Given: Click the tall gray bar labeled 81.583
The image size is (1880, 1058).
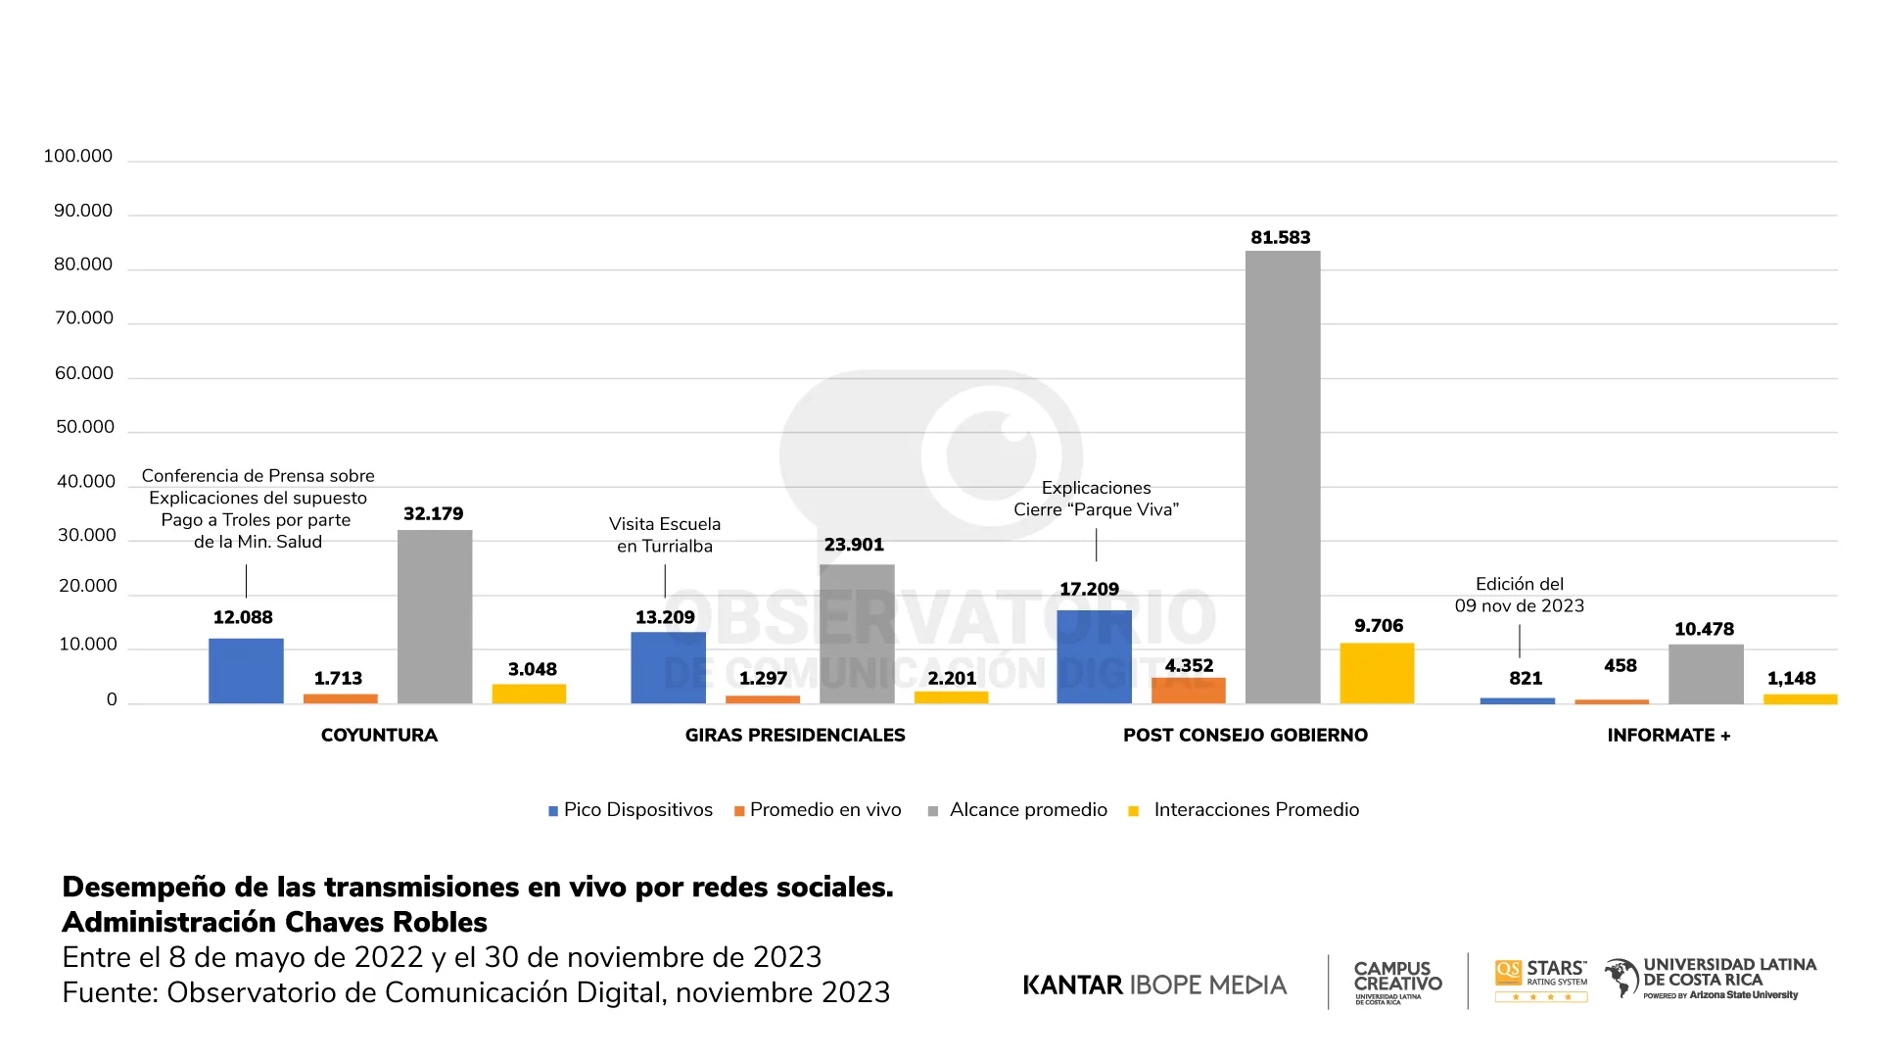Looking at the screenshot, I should (x=1283, y=477).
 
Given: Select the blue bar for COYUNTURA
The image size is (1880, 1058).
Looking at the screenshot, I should (x=246, y=671).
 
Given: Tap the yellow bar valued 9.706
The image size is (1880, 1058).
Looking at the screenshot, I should (x=1377, y=673).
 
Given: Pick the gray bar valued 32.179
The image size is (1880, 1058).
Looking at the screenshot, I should (x=435, y=617).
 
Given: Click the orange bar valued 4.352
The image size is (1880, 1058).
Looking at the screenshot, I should (x=1188, y=690).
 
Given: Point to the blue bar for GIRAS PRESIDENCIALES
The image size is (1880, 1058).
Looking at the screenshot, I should (x=668, y=668).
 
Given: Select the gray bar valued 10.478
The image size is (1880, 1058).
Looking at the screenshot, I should (x=1706, y=674).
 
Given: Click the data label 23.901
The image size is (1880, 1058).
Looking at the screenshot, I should (x=854, y=545).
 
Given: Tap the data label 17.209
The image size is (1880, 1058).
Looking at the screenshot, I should (x=1089, y=589).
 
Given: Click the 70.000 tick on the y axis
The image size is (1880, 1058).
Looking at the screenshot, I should (x=84, y=318).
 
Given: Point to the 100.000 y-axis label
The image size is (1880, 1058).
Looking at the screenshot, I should (x=78, y=157).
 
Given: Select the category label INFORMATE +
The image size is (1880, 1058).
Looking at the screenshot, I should (x=1668, y=736).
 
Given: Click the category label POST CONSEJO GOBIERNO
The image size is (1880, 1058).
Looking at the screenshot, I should (x=1245, y=736).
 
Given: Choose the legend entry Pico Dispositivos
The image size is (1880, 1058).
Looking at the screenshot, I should (x=631, y=810).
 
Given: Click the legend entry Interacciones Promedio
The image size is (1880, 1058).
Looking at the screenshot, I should (x=1245, y=810).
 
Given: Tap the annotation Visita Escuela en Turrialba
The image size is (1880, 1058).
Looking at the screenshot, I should (x=665, y=535).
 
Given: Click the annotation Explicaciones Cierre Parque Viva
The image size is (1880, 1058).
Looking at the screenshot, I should (x=1096, y=499).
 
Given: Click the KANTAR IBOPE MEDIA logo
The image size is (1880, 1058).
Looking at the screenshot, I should (x=1154, y=985).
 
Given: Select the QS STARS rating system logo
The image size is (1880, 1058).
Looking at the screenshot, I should (x=1540, y=980).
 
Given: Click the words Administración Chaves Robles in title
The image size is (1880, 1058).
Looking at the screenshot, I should (x=274, y=923).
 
